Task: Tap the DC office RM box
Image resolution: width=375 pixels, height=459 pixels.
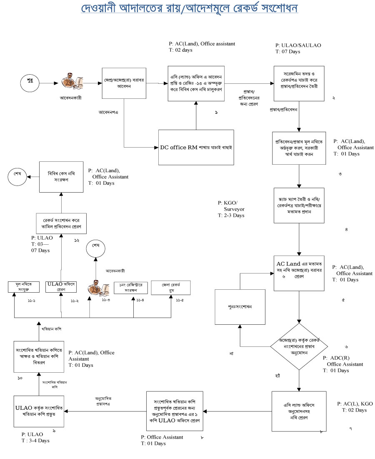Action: pos(196,147)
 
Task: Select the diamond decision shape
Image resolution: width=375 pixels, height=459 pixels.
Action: pos(299,346)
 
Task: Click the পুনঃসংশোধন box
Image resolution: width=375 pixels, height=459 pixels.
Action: pos(240,307)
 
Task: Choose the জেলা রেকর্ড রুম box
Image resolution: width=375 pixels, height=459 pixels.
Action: pos(171,288)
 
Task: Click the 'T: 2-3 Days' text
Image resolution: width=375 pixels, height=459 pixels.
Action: pos(231,216)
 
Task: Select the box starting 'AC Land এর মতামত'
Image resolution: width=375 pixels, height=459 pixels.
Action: pos(299,271)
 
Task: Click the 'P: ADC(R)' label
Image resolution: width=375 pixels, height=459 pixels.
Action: pos(337,358)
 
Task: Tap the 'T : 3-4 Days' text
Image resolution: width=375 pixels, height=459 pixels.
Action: pos(35,441)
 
